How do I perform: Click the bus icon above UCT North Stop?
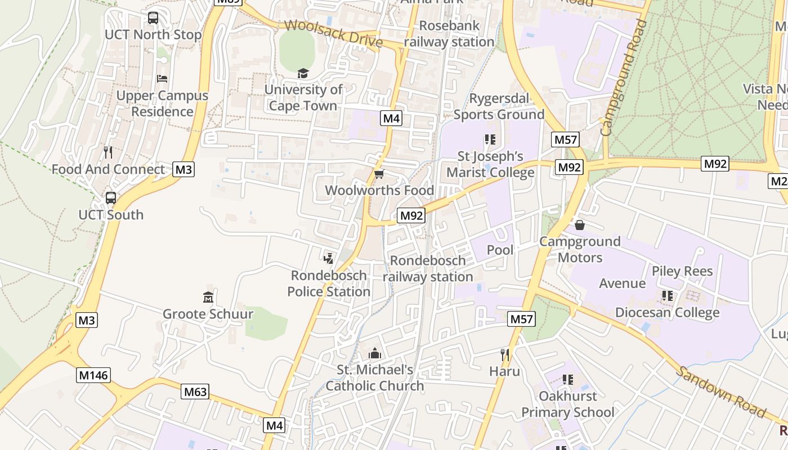153,18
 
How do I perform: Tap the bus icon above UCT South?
111,198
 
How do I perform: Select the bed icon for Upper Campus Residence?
162,78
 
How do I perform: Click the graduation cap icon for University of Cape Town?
303,74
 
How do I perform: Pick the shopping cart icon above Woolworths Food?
379,174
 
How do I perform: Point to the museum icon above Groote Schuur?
208,297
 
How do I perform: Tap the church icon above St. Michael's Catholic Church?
374,353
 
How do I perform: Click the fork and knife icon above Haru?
505,354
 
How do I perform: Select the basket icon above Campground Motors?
580,225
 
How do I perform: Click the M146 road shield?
93,375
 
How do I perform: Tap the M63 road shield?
195,391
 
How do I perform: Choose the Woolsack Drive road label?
333,34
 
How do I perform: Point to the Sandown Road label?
720,393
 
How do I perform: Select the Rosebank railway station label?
449,34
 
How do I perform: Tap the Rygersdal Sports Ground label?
499,106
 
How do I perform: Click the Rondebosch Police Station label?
329,283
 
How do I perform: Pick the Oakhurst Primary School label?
567,404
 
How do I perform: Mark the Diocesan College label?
668,313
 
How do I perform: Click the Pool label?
500,250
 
